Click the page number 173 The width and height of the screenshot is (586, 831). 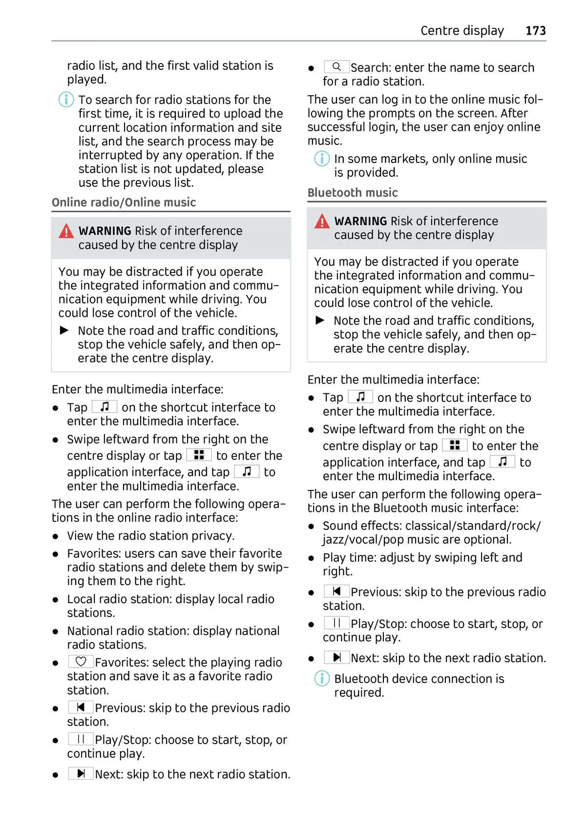pos(535,31)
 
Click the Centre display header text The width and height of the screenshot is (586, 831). pos(462,31)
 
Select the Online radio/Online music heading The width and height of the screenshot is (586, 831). pos(124,203)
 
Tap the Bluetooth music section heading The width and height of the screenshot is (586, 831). pos(353,193)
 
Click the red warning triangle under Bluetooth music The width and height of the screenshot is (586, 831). pos(322,222)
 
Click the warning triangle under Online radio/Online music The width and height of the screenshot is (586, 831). pos(66,231)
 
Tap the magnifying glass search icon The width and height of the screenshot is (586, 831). pos(336,67)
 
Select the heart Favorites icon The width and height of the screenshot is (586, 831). pos(81,662)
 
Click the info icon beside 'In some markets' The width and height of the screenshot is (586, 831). pos(321,159)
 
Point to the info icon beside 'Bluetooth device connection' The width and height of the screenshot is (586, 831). pos(321,678)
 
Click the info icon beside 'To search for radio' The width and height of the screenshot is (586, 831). pos(66,100)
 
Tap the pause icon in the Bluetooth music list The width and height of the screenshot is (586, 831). pos(336,623)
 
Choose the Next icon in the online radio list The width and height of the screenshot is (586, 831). pos(81,773)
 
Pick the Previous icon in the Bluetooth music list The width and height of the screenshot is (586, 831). pos(336,591)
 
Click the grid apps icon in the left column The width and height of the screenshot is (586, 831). pos(199,455)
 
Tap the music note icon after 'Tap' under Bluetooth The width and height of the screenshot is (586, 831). pos(360,397)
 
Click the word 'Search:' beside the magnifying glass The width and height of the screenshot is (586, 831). pos(371,68)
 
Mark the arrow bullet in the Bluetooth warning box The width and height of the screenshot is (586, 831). pos(320,321)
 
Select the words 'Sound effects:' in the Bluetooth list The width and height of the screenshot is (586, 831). pos(362,526)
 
